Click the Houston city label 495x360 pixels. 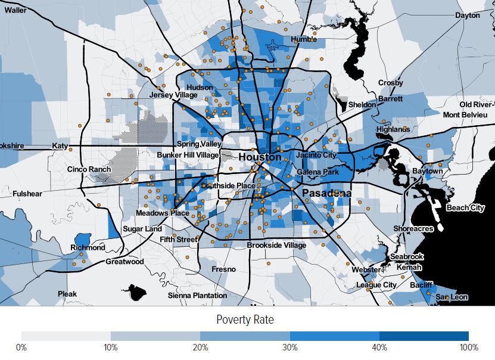click(x=260, y=157)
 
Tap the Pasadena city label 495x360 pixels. click(x=326, y=194)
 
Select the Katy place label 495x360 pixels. click(x=61, y=145)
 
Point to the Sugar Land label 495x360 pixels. click(x=142, y=229)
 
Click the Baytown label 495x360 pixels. click(x=428, y=171)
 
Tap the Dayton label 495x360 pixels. click(x=467, y=15)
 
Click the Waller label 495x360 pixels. click(x=15, y=10)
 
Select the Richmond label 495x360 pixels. click(x=88, y=247)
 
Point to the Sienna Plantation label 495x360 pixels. click(x=197, y=295)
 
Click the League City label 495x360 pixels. click(x=376, y=285)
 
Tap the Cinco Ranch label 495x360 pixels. click(x=89, y=169)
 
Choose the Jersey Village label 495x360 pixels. click(x=173, y=95)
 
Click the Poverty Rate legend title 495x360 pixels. click(x=245, y=319)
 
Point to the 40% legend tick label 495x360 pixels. click(x=379, y=347)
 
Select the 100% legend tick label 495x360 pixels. click(x=468, y=347)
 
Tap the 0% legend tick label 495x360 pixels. click(x=21, y=347)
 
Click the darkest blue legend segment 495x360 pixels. click(x=424, y=336)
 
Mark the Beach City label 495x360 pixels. click(x=465, y=207)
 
